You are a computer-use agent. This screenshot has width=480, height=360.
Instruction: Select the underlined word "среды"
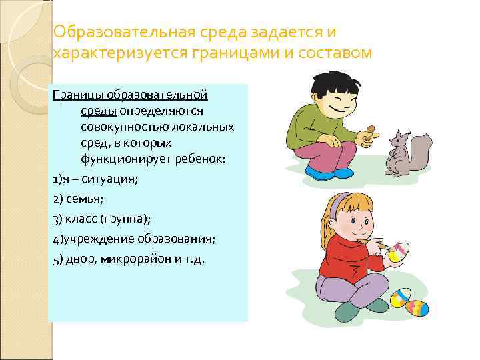(95, 111)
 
